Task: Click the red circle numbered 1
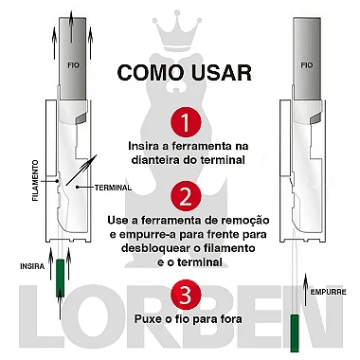point(186,122)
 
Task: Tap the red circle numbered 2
point(186,197)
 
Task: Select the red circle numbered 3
point(186,296)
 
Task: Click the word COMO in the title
point(151,73)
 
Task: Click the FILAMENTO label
point(35,181)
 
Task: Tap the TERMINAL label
point(113,188)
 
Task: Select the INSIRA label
point(32,266)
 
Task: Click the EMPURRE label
point(329,292)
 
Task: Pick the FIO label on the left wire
point(73,65)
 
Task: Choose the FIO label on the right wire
point(307,65)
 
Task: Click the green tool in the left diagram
point(60,278)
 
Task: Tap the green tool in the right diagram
point(295,333)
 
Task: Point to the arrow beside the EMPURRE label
point(305,290)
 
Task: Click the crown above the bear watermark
point(179,30)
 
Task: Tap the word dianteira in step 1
point(154,160)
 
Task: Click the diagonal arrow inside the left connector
point(81,170)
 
